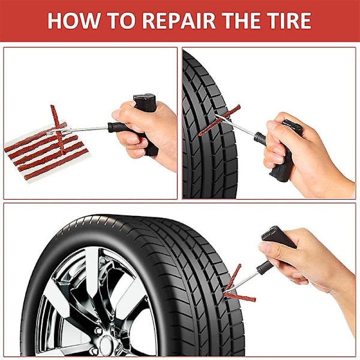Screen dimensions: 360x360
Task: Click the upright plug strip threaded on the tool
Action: [58, 130]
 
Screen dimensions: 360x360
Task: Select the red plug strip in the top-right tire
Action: [219, 121]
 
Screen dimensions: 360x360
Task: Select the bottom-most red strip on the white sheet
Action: [56, 164]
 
